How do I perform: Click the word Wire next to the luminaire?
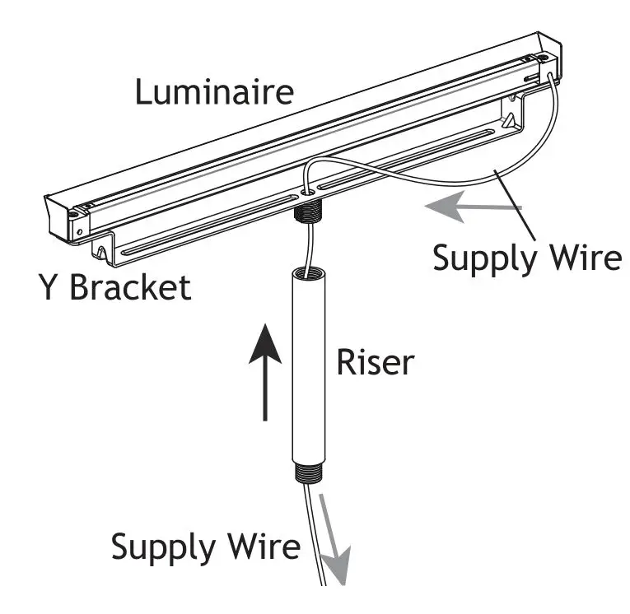click(x=582, y=258)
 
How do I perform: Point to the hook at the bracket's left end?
click(x=100, y=249)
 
